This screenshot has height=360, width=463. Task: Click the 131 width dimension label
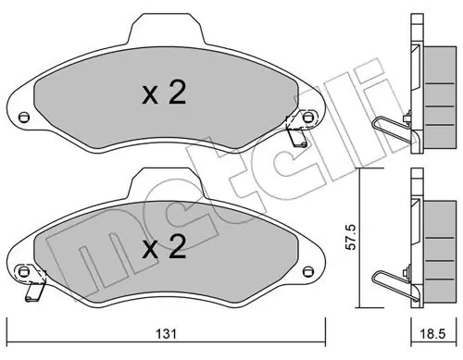click(166, 334)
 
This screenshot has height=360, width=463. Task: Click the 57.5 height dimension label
click(351, 237)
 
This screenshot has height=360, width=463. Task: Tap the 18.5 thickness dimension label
click(433, 334)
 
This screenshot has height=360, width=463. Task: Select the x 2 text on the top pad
click(164, 93)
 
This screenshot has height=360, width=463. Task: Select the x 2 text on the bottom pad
click(164, 247)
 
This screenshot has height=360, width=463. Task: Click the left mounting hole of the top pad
click(23, 118)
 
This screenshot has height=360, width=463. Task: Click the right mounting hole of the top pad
click(307, 118)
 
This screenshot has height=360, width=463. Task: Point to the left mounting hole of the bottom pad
click(23, 271)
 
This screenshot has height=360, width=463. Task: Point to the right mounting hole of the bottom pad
click(307, 271)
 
